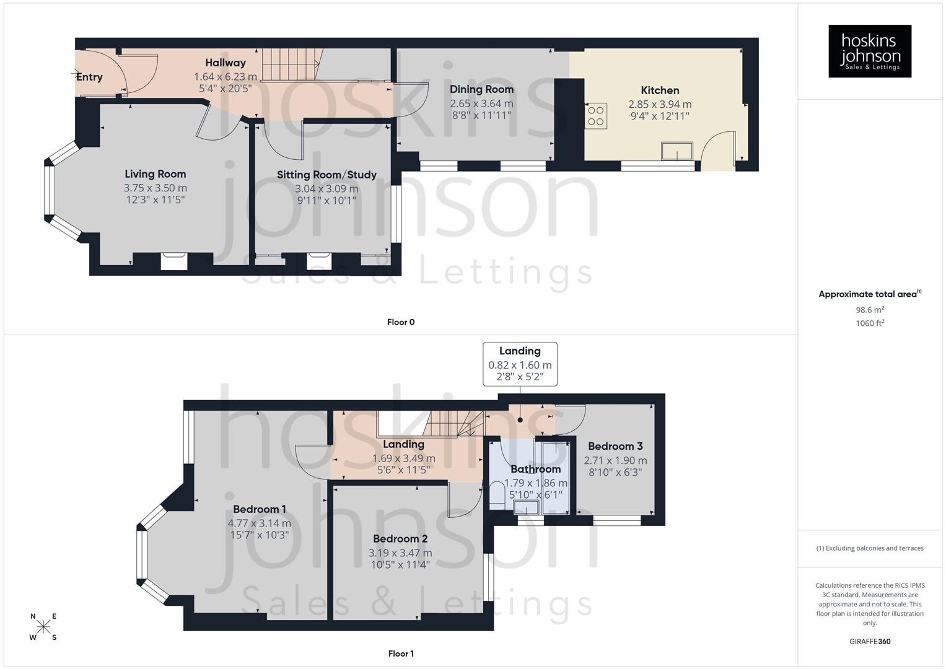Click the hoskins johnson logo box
(x=870, y=51)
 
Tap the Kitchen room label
(x=660, y=90)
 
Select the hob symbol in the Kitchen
(x=596, y=116)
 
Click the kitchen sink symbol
(x=677, y=151)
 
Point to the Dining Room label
(x=481, y=89)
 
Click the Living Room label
(x=155, y=174)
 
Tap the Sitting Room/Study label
(x=326, y=175)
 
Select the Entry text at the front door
(x=89, y=77)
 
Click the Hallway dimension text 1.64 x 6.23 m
(x=226, y=77)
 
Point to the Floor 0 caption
(x=401, y=322)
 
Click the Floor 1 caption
(x=401, y=654)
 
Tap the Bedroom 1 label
(x=260, y=509)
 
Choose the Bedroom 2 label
(x=400, y=539)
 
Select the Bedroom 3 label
(x=615, y=446)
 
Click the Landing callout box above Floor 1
(x=520, y=364)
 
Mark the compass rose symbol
(x=43, y=627)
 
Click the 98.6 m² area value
(x=870, y=310)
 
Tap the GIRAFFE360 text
(x=870, y=642)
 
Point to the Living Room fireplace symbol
(x=173, y=261)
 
